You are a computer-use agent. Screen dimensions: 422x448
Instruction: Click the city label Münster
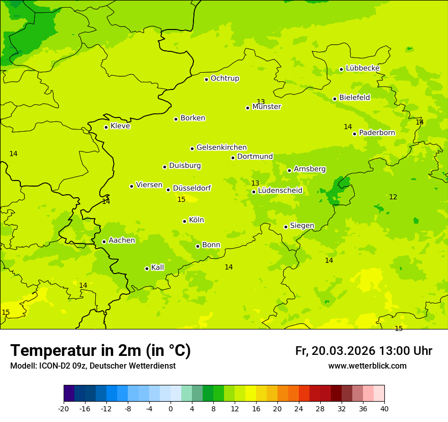point(267,107)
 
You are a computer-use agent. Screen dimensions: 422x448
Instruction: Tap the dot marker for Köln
point(184,221)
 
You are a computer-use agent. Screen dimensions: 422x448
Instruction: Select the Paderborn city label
point(377,133)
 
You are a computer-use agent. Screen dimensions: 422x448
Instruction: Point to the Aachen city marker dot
point(104,242)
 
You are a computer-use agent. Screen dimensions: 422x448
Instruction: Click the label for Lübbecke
point(362,68)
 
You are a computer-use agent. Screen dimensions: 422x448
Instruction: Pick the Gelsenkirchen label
point(221,147)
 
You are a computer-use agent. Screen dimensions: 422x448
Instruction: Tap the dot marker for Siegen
point(286,227)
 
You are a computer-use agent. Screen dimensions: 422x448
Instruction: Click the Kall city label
point(157,267)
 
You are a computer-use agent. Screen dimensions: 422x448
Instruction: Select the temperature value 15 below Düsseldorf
point(181,200)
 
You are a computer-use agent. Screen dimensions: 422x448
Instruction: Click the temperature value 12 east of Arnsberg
point(393,197)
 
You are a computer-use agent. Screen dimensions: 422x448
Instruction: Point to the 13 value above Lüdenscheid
point(255,183)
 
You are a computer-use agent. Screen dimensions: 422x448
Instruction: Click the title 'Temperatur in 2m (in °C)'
point(100,351)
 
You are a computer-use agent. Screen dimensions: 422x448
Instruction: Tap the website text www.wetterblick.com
point(367,366)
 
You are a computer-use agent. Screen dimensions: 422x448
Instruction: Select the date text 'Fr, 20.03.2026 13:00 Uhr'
point(363,351)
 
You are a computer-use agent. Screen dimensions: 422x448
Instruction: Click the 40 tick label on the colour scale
point(384,409)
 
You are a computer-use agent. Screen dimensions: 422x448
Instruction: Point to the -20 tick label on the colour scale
point(64,409)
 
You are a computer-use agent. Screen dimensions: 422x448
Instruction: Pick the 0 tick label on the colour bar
point(171,409)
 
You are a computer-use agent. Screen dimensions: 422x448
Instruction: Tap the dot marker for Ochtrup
point(206,79)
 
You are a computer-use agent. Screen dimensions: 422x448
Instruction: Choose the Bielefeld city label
point(354,98)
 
